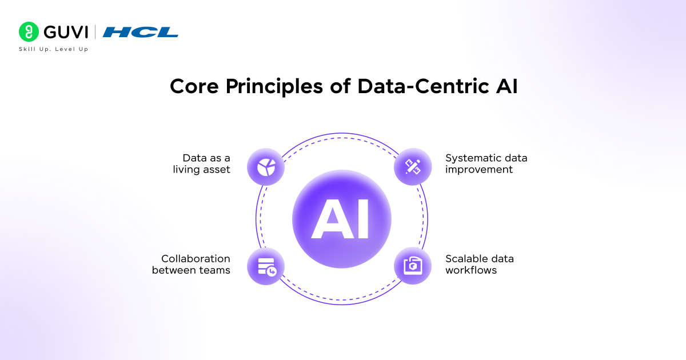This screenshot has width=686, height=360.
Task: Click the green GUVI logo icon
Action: click(29, 33)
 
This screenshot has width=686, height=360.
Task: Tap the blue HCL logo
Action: click(141, 33)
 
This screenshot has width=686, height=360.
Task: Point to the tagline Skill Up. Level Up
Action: click(53, 49)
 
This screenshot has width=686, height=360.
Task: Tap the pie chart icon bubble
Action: click(266, 167)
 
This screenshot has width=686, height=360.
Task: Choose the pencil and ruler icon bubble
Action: click(413, 167)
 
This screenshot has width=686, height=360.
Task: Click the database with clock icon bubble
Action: click(266, 266)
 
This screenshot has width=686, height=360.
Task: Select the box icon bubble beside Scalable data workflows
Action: click(413, 266)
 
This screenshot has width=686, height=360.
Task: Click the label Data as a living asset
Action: click(202, 163)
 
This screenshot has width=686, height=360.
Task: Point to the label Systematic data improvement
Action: click(486, 163)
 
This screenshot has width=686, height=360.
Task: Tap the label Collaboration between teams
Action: click(191, 265)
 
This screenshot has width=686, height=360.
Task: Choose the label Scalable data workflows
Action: click(479, 265)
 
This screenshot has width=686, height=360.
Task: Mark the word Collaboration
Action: click(196, 259)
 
